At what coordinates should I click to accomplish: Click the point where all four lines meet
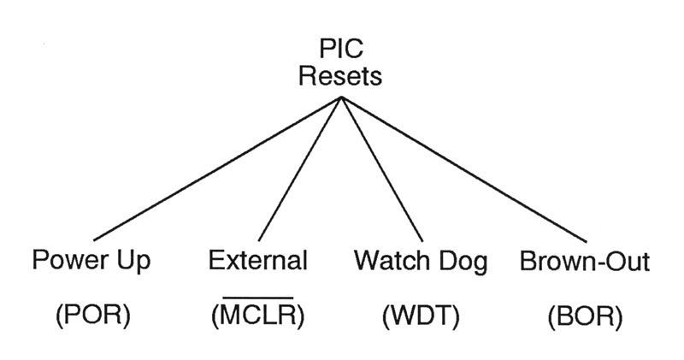tap(341, 98)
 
